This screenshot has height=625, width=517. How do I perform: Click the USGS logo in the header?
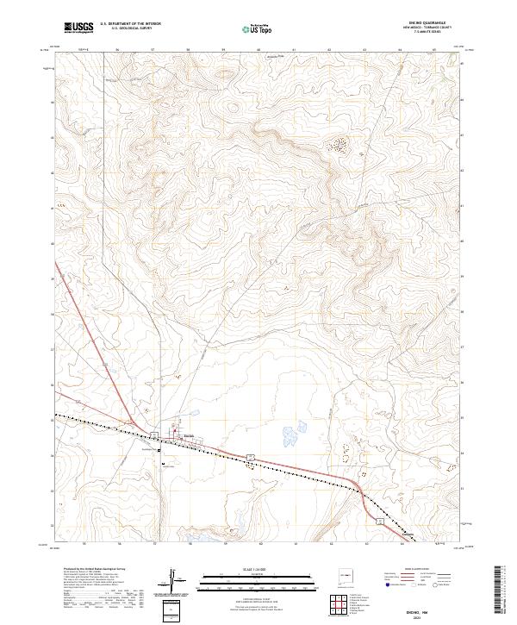coord(80,28)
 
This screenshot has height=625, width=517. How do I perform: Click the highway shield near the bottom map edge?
coord(377,522)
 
